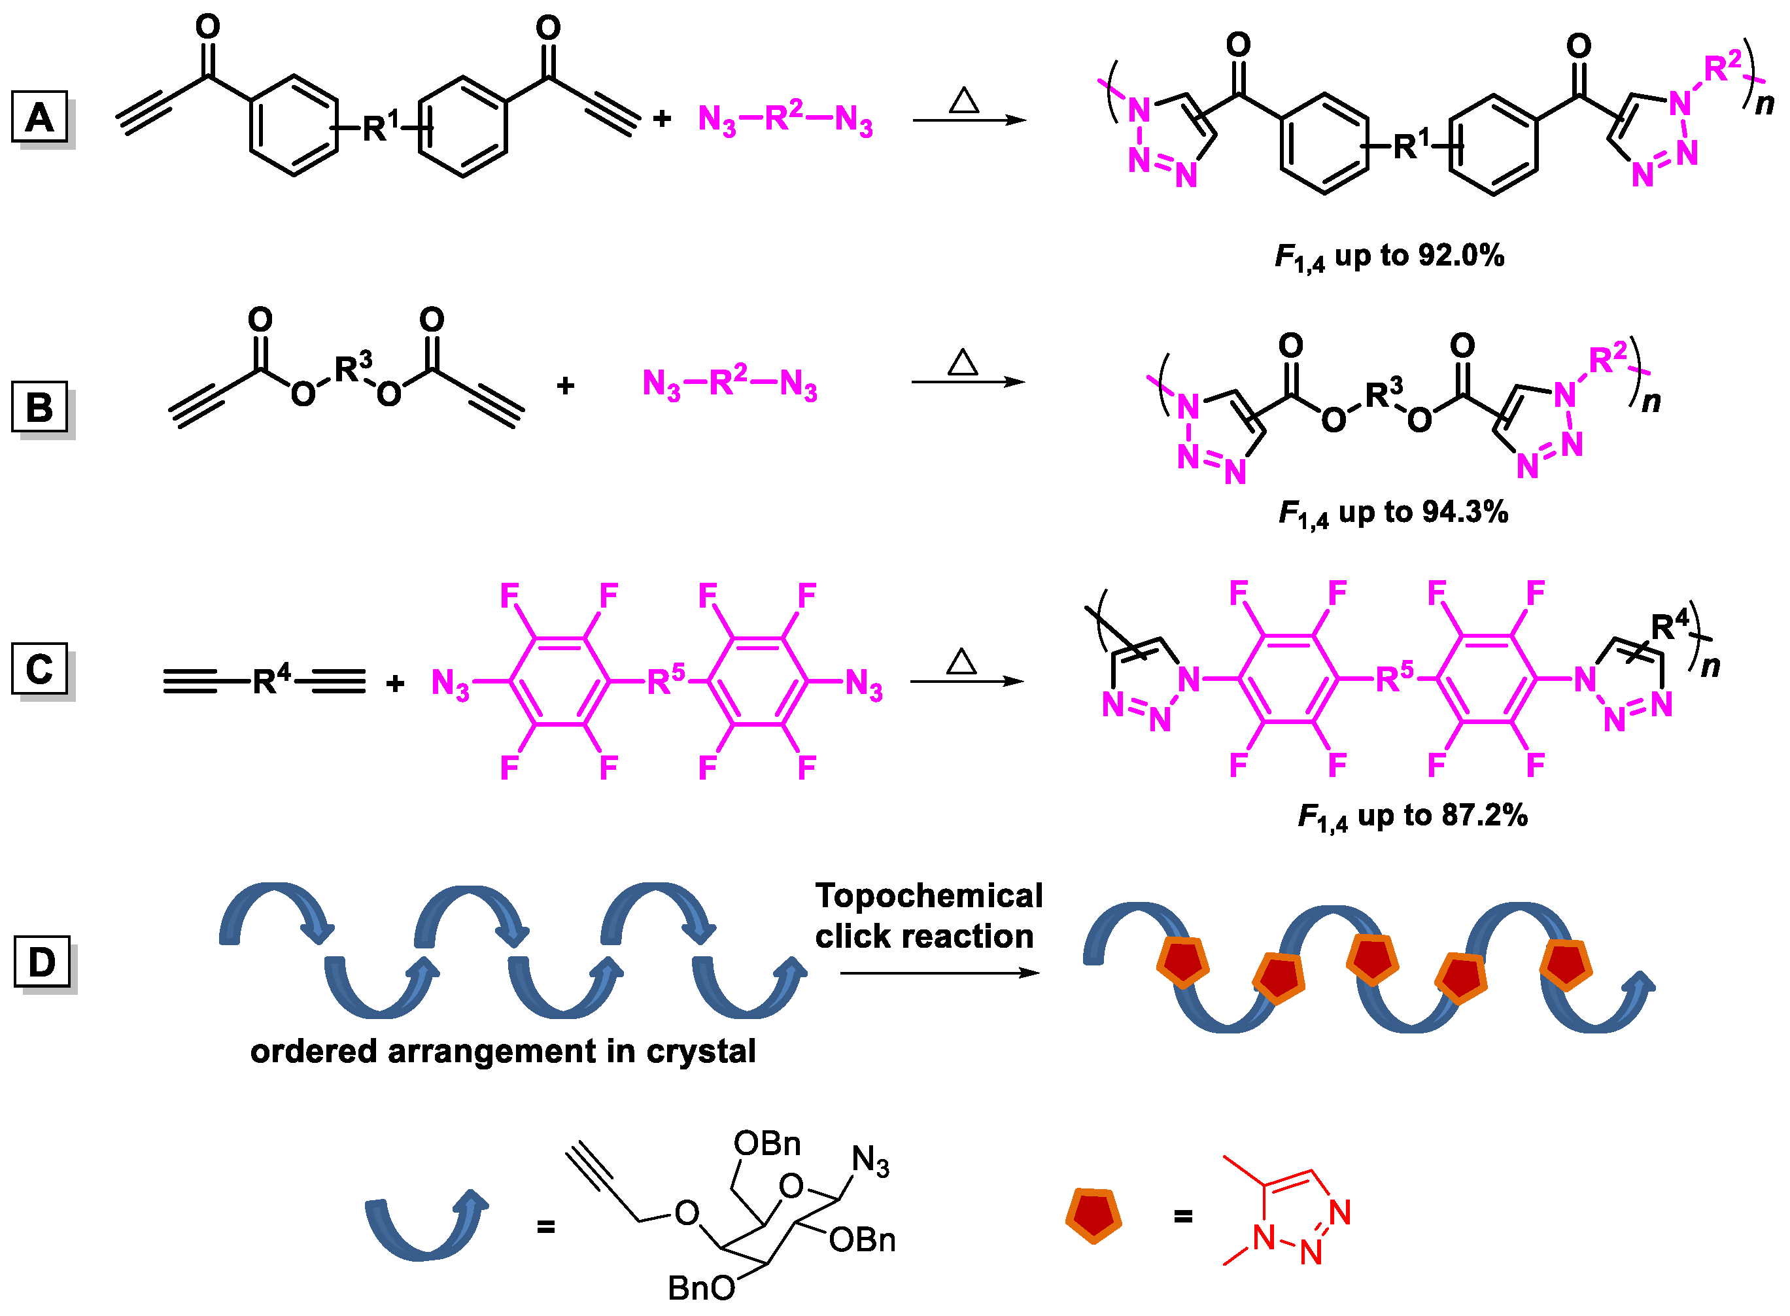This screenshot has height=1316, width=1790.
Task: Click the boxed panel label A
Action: click(39, 117)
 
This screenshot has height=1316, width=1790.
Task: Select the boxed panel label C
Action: click(39, 668)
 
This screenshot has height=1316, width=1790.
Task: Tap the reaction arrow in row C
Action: click(967, 681)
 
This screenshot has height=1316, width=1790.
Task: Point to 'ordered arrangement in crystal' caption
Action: click(503, 1052)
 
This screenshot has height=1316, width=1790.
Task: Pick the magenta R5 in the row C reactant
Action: click(665, 679)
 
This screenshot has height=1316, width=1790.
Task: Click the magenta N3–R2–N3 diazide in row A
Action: click(785, 120)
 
